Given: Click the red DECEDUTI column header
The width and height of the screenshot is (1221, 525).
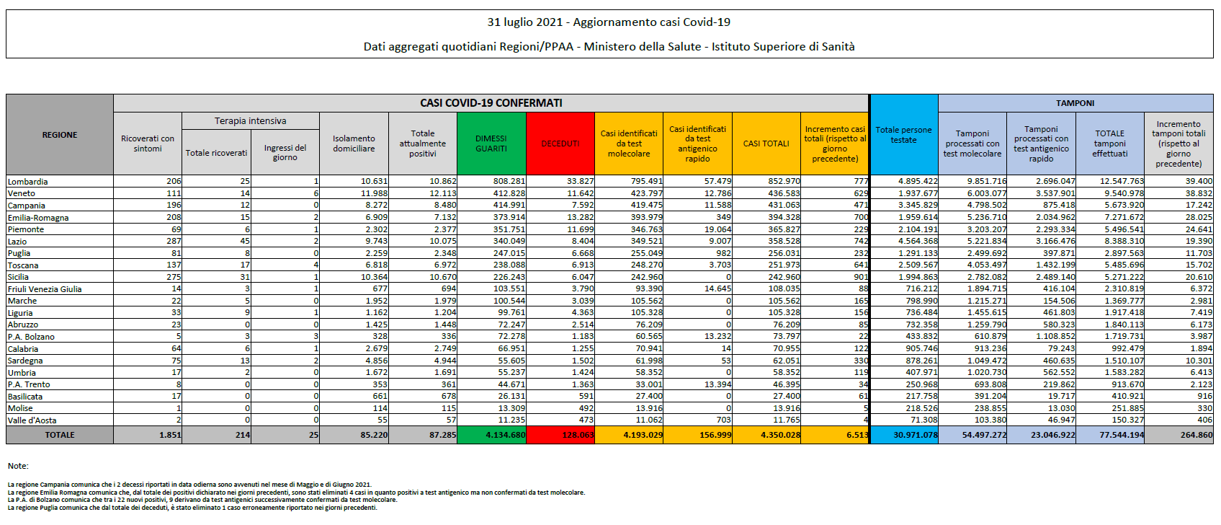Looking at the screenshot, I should (x=560, y=144).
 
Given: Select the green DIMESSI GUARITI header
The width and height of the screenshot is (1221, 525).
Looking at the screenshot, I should (x=491, y=144).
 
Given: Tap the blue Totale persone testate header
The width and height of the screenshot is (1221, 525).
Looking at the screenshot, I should (x=903, y=135).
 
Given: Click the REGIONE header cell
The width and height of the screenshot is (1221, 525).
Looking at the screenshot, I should (x=60, y=135).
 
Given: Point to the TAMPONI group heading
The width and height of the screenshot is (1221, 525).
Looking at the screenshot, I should (x=1075, y=103).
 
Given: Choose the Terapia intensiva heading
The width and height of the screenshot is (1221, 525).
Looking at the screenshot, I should (x=250, y=121).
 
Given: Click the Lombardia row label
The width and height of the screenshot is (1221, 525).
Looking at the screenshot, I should (x=28, y=182).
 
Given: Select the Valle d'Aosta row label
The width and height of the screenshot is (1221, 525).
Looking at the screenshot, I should (x=32, y=420).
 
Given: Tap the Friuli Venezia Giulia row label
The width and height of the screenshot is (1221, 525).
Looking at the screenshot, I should (x=45, y=289).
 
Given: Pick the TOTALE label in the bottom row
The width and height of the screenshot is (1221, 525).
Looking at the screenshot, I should (x=60, y=435).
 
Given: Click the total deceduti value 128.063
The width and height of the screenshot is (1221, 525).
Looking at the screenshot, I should (x=578, y=435).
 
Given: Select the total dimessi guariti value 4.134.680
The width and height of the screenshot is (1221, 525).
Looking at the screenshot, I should (x=506, y=435).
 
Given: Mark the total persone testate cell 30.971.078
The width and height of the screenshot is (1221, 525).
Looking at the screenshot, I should (x=916, y=435).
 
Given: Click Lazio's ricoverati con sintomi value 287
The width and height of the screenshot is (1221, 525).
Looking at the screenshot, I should (x=174, y=242).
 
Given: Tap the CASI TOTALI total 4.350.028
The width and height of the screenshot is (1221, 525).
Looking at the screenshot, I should (x=780, y=435).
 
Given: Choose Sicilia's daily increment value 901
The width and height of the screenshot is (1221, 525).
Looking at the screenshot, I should (x=861, y=277).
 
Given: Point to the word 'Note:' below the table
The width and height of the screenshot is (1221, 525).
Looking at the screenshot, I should (x=18, y=466).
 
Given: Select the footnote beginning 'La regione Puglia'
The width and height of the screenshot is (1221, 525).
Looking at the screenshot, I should (x=192, y=508).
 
